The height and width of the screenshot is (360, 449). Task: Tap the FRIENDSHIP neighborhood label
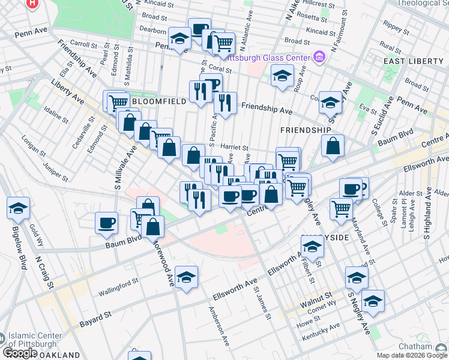click(306, 130)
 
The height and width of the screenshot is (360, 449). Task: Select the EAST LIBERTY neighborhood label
click(414, 62)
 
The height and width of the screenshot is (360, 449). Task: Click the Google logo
click(20, 353)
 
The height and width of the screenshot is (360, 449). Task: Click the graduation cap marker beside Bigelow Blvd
click(18, 208)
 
